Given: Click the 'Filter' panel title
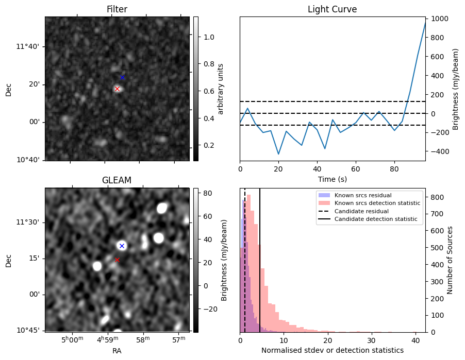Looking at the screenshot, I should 117,9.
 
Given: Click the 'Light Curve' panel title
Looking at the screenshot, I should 332,9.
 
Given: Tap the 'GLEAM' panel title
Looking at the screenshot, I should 117,180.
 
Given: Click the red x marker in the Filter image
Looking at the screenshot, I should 117,89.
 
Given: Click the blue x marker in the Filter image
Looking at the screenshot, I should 122,77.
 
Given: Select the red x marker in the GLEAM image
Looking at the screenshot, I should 117,260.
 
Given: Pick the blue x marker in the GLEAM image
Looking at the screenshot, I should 122,246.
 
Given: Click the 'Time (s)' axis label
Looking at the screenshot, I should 332,179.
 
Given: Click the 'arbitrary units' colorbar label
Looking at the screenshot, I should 221,89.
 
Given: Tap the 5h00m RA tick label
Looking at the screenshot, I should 72,339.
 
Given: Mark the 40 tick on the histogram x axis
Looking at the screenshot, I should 414,340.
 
